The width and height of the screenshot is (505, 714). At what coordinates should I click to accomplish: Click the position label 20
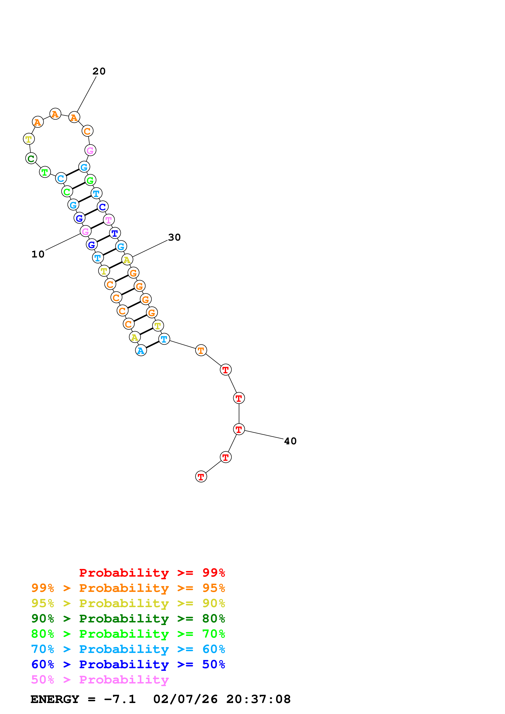point(99,71)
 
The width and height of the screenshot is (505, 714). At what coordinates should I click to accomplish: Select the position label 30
point(174,237)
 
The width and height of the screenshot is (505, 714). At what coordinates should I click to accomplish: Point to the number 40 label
point(290,441)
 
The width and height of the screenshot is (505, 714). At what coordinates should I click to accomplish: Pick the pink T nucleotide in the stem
point(109,220)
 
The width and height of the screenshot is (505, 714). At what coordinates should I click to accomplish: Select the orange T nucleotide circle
point(201,350)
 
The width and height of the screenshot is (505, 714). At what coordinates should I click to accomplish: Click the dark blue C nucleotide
point(102,207)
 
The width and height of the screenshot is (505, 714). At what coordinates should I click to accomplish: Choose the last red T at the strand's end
point(201,476)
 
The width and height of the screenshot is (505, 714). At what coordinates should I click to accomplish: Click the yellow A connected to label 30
point(127,259)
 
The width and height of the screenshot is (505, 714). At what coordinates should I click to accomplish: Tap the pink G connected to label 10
point(85,231)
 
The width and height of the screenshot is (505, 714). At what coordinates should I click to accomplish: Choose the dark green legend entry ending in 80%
point(128,619)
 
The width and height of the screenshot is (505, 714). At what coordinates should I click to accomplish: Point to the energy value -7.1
point(120,699)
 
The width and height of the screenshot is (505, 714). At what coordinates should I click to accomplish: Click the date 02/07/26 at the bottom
point(185,699)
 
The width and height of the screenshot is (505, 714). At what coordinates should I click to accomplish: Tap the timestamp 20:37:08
point(258,699)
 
